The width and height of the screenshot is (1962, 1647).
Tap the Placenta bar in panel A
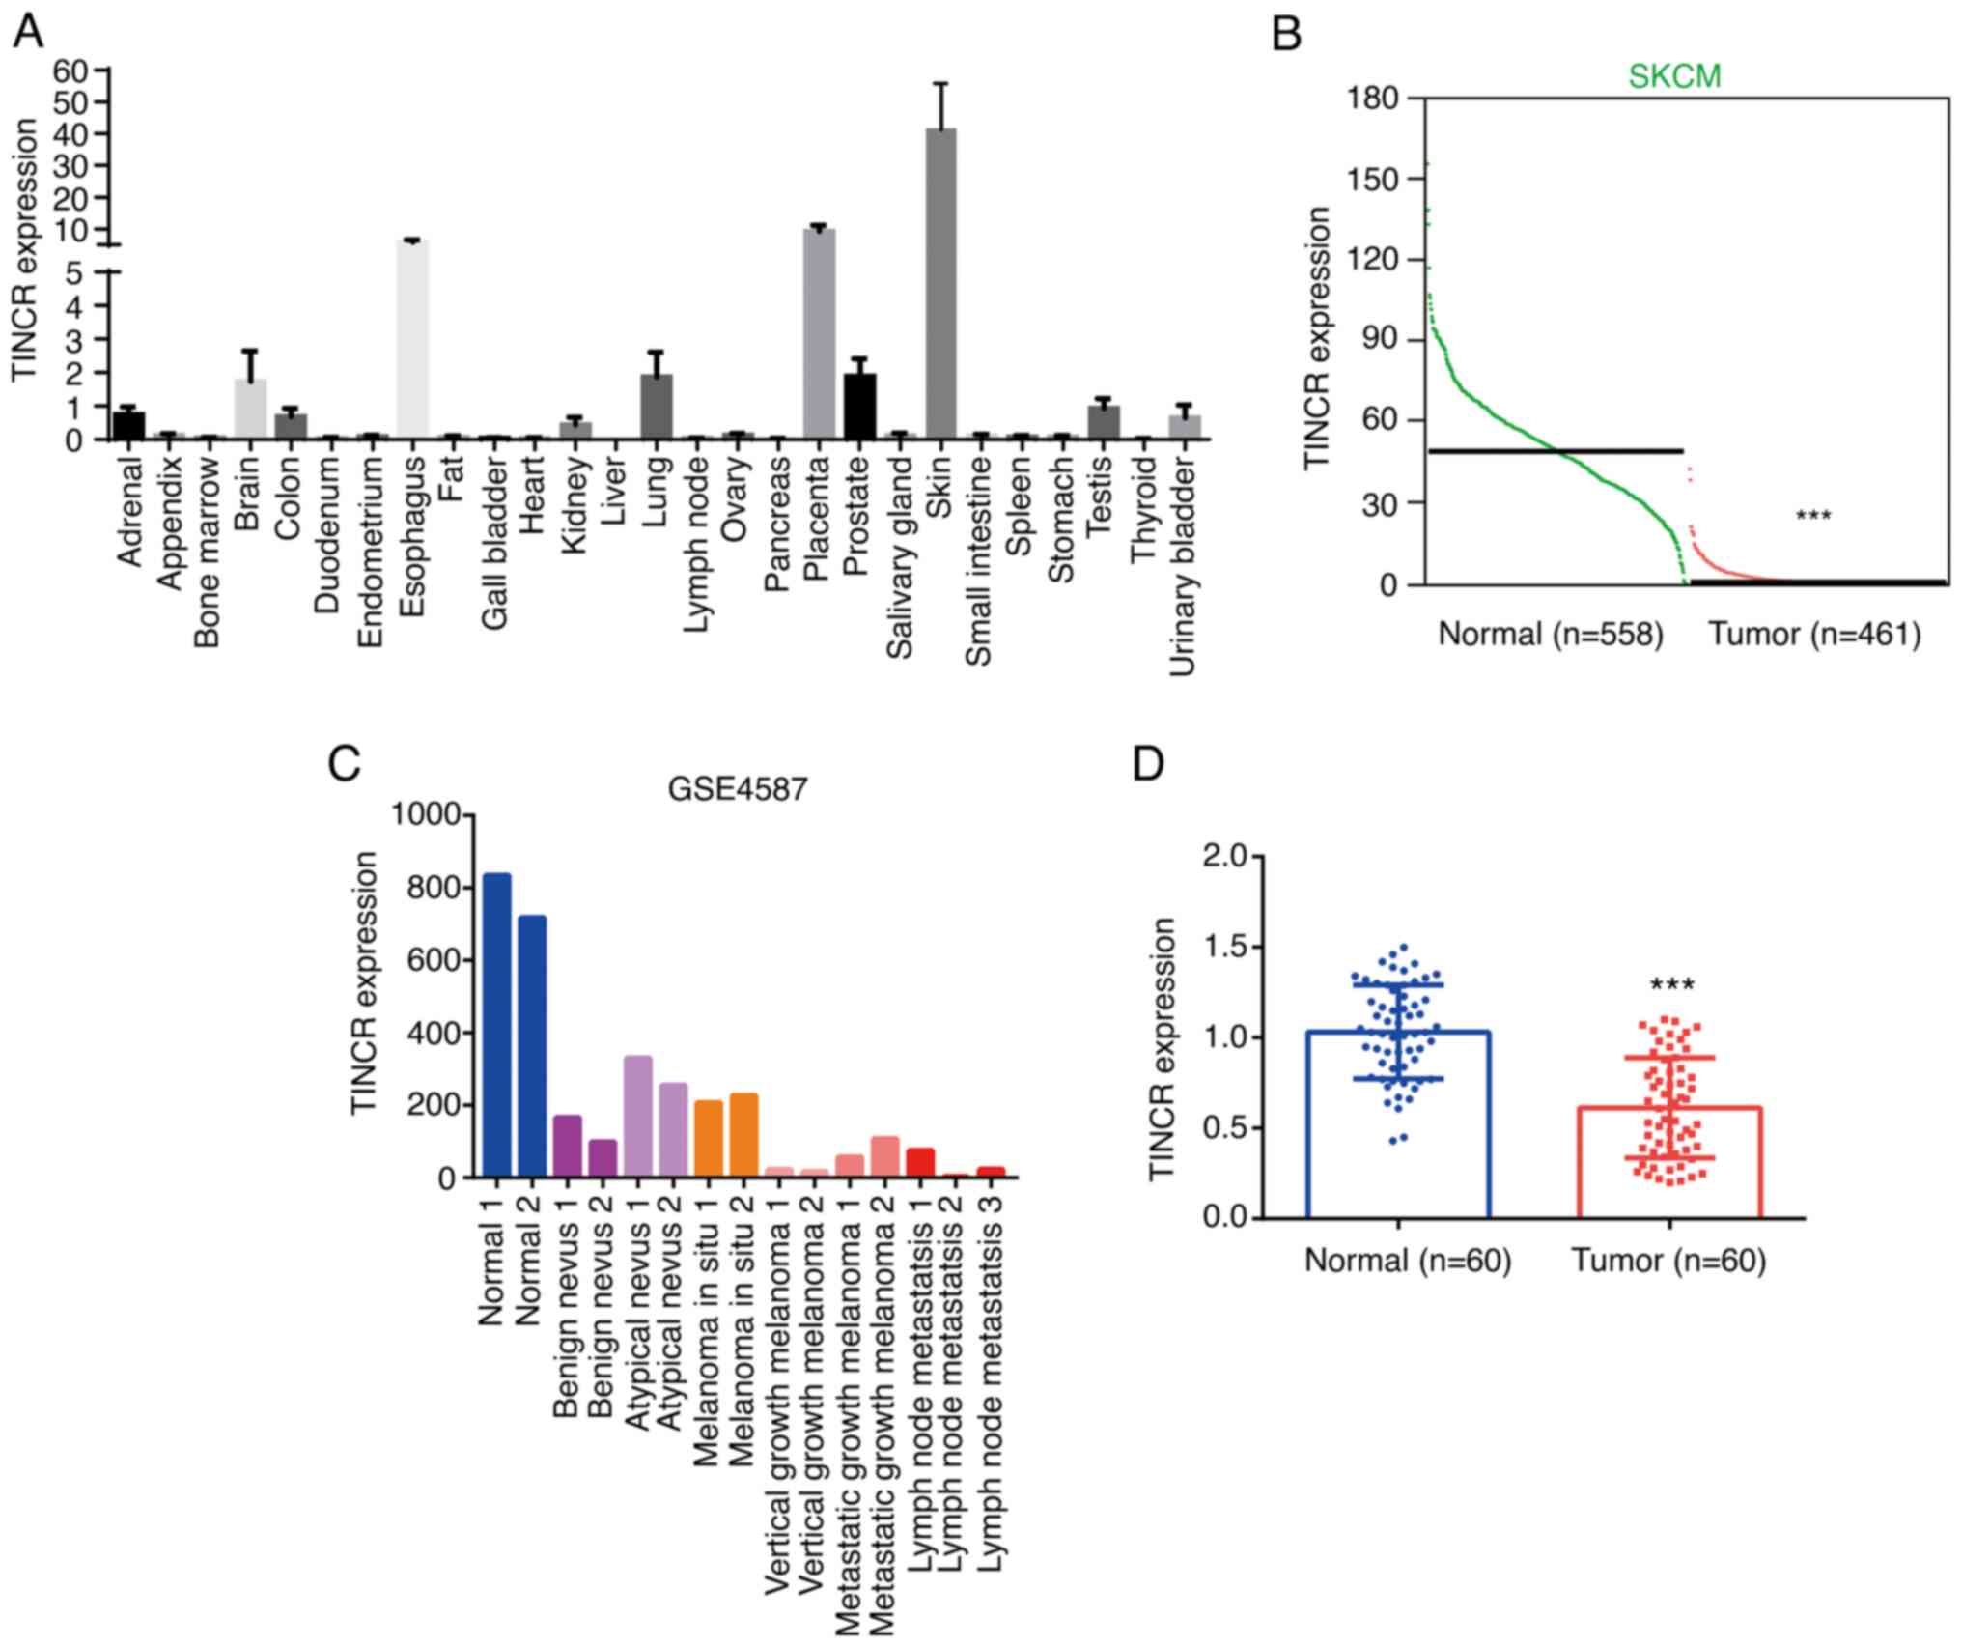[819, 334]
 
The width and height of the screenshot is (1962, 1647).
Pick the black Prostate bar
[859, 407]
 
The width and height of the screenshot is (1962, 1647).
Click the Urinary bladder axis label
[1184, 565]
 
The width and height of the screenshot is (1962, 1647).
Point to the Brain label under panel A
[249, 493]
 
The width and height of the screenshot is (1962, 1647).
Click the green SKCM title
[1674, 76]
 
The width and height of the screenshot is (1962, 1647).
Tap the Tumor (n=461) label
[1814, 634]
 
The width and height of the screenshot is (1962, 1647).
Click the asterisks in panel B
[1813, 517]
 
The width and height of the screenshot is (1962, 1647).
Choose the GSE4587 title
[738, 790]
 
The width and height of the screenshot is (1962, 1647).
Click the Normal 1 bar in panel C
[496, 1025]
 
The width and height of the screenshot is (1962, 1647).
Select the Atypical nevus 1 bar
[638, 1117]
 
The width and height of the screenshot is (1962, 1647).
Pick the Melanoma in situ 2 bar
[743, 1135]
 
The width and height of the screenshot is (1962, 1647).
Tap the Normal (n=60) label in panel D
[1407, 1261]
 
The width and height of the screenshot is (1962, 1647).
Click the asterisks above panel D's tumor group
[1671, 986]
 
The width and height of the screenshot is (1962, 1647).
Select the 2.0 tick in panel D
[1224, 856]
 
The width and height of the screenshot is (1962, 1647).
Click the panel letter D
[1148, 764]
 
